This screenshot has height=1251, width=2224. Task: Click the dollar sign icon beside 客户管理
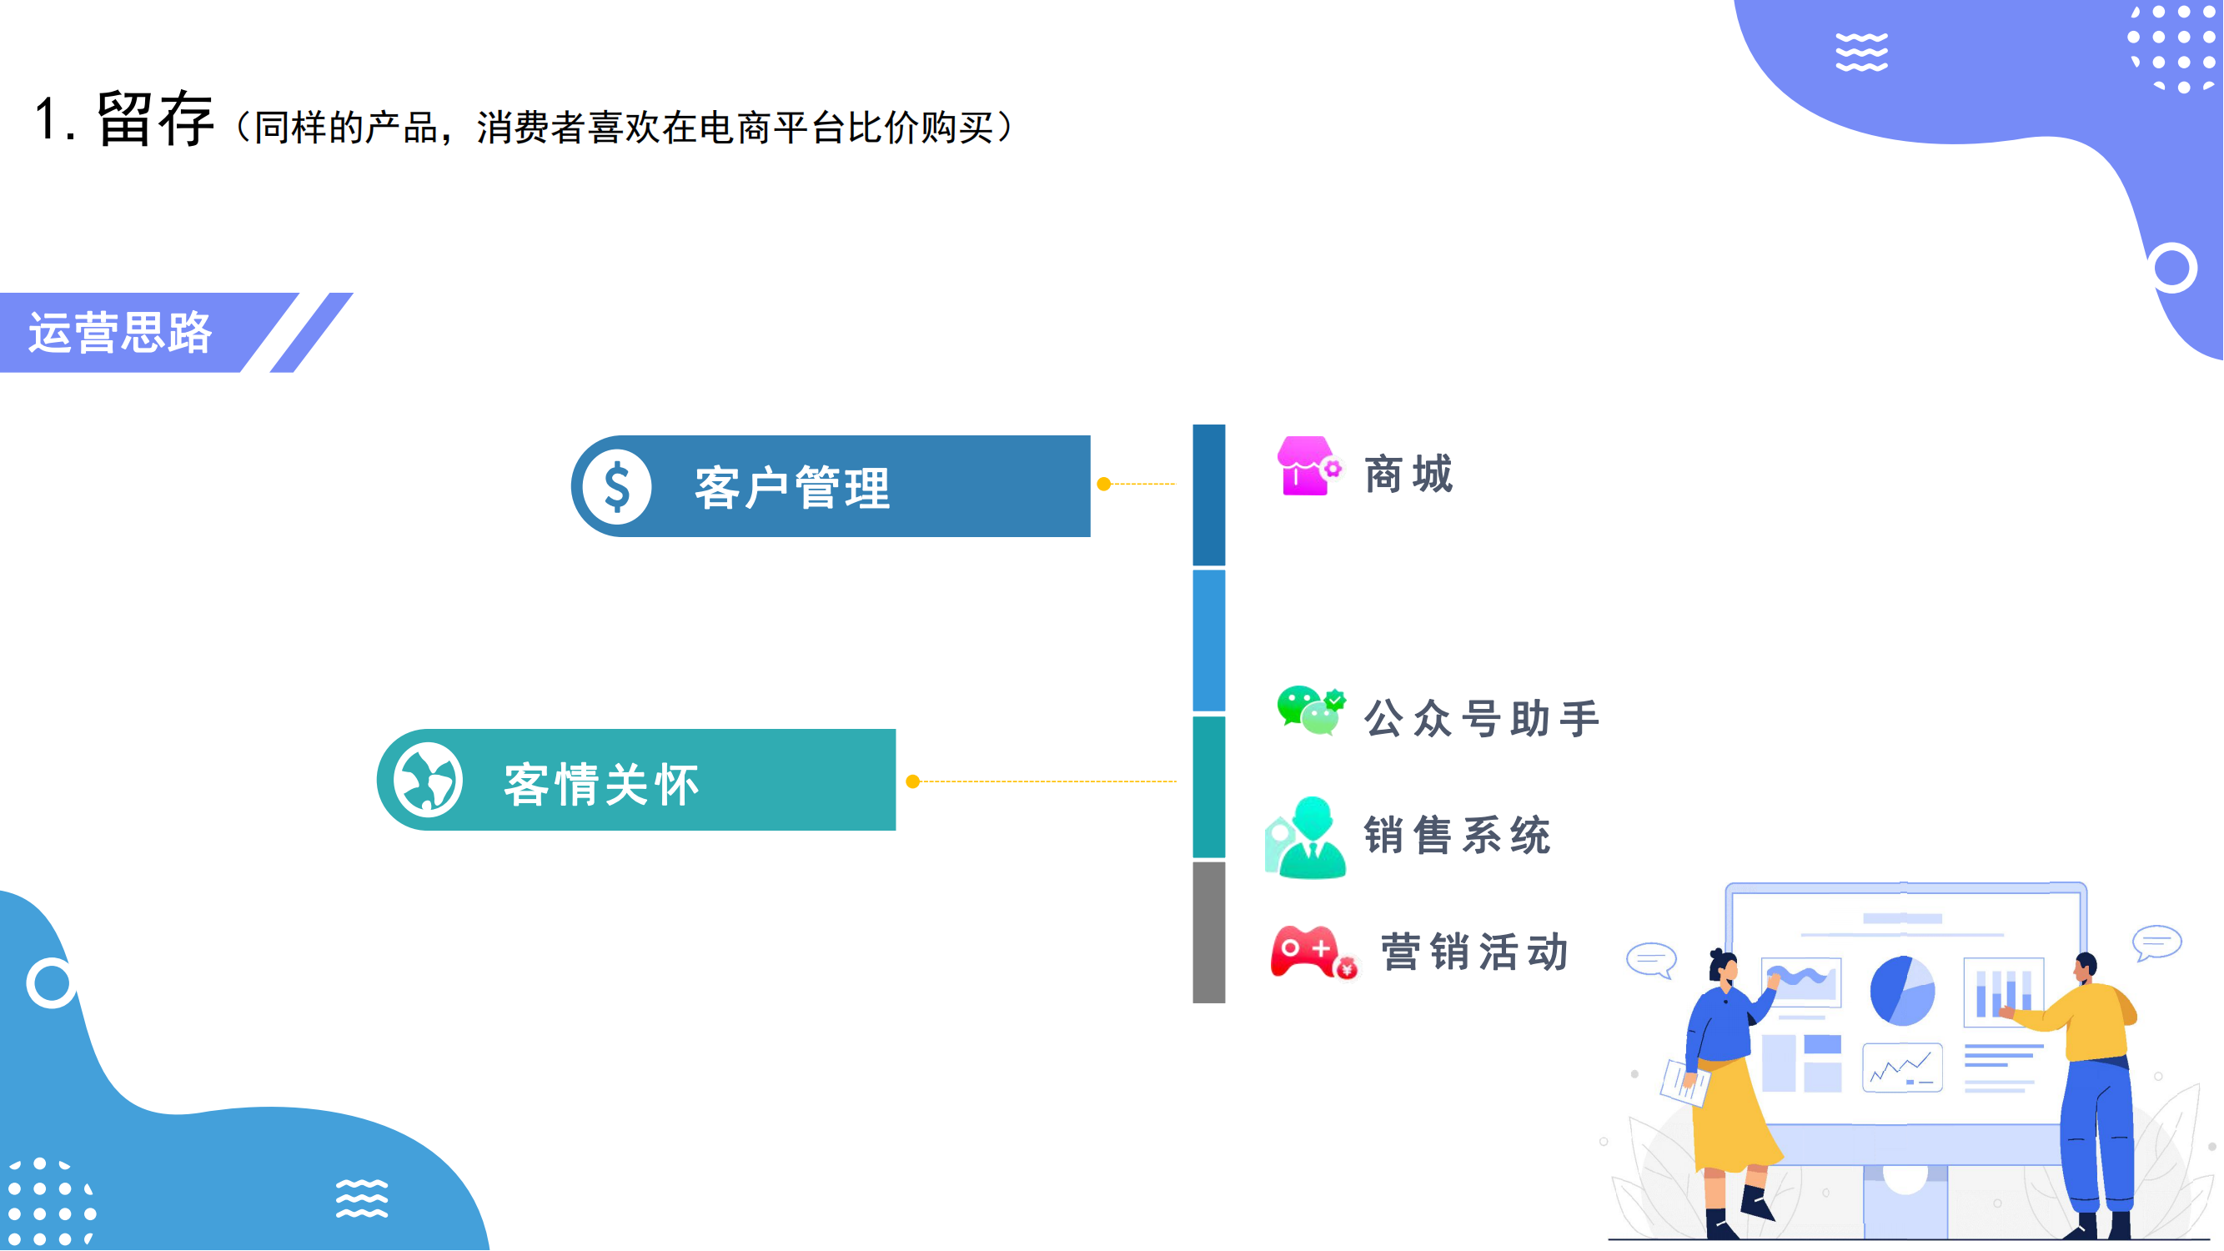pyautogui.click(x=616, y=487)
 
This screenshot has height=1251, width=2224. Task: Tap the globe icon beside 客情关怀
pyautogui.click(x=429, y=781)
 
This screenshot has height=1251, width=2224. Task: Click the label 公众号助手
pyautogui.click(x=1482, y=718)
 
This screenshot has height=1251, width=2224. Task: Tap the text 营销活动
pyautogui.click(x=1473, y=953)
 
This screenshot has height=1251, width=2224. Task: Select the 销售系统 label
pyautogui.click(x=1458, y=836)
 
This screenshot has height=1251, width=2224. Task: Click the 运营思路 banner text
pyautogui.click(x=121, y=333)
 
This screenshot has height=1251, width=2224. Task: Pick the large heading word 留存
pyautogui.click(x=155, y=119)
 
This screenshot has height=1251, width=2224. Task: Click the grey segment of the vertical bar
pyautogui.click(x=1208, y=932)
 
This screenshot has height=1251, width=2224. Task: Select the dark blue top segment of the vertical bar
pyautogui.click(x=1208, y=495)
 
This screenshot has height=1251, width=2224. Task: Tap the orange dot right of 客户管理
pyautogui.click(x=1103, y=485)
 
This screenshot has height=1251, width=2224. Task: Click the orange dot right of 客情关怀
pyautogui.click(x=912, y=782)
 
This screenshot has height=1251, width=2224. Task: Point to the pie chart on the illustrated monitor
pyautogui.click(x=1902, y=991)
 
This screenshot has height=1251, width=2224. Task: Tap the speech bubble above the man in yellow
pyautogui.click(x=2156, y=942)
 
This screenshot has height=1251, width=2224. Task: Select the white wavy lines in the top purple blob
pyautogui.click(x=1861, y=53)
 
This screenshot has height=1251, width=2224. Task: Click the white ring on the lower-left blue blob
pyautogui.click(x=51, y=982)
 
